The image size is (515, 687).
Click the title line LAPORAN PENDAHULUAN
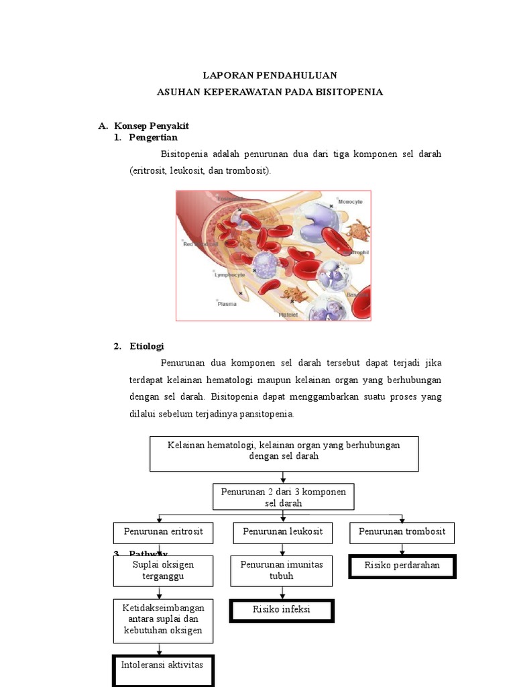click(x=270, y=75)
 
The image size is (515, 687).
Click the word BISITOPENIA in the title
click(x=348, y=92)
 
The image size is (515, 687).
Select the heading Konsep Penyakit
click(x=152, y=125)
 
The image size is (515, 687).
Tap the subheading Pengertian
click(x=154, y=137)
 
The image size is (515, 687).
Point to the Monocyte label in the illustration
click(x=350, y=201)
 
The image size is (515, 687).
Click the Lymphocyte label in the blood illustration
click(x=229, y=274)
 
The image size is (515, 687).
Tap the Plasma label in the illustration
click(x=227, y=303)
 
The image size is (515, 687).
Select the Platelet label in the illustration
click(x=289, y=314)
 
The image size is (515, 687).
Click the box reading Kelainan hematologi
click(x=284, y=454)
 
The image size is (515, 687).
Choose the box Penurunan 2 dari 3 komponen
click(x=283, y=497)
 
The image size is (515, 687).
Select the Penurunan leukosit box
click(x=282, y=532)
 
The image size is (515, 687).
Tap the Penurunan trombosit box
click(x=402, y=533)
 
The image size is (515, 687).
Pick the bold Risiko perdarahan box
click(x=402, y=566)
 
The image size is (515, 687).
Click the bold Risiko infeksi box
click(x=282, y=611)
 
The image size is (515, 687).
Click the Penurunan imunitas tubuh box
click(x=282, y=570)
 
